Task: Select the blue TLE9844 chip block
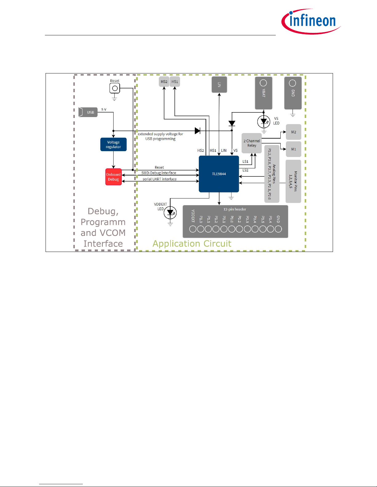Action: pos(219,174)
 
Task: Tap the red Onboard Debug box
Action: pos(114,177)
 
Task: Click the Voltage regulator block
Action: pos(113,144)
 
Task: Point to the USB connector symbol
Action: pos(88,112)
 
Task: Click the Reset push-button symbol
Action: pos(115,88)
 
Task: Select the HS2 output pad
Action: pos(164,82)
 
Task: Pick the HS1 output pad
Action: pos(175,82)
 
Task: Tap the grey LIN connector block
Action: pos(219,84)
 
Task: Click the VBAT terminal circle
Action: pos(263,83)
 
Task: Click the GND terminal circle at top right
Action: pos(293,83)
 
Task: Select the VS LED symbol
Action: pos(264,122)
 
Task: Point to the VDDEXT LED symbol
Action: pos(170,213)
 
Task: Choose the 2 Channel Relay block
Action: pos(252,143)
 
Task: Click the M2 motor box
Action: pos(294,132)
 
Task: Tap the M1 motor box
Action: pos(294,149)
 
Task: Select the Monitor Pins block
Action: pos(293,181)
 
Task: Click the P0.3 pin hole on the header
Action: pos(247,229)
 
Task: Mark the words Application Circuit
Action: pos(192,244)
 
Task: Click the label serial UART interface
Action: pos(159,179)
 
